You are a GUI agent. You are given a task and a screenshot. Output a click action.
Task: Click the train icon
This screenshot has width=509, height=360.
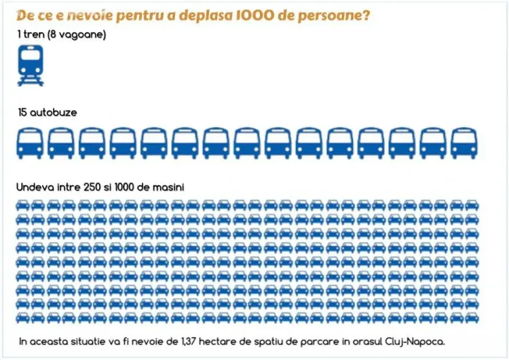pyautogui.click(x=30, y=65)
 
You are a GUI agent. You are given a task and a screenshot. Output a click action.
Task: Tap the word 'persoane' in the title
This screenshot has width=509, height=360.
pyautogui.click(x=333, y=16)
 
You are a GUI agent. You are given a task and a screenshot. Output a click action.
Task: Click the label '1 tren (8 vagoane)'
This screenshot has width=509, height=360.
pyautogui.click(x=62, y=33)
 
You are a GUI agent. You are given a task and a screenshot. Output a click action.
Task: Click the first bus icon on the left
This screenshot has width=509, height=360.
pyautogui.click(x=29, y=143)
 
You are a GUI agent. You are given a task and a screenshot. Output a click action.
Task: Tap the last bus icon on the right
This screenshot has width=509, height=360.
pyautogui.click(x=464, y=143)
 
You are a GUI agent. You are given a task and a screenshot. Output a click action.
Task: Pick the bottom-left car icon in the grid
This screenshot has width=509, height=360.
pyautogui.click(x=24, y=318)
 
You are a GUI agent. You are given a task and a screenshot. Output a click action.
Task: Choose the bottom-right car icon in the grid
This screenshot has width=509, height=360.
pyautogui.click(x=472, y=318)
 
